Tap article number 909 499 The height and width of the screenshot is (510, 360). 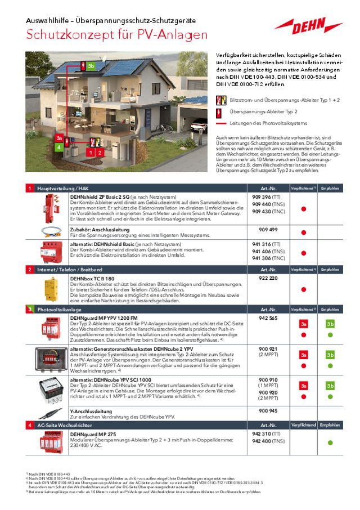268,230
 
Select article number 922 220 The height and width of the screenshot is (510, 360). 268,278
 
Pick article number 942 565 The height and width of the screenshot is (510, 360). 268,318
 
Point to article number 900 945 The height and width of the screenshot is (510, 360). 268,410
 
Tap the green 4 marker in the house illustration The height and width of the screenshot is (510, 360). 58,147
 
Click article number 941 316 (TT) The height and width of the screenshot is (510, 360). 268,244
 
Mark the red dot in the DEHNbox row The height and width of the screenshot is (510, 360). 303,289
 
